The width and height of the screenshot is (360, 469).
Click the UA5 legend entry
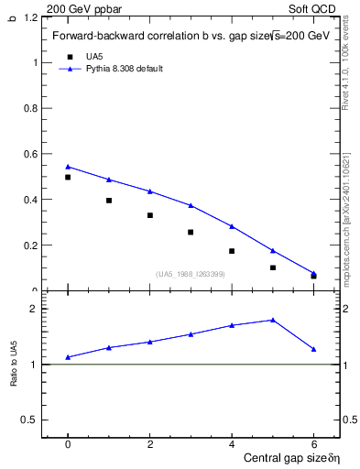[94, 57]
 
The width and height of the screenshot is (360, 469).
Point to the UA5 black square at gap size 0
[68, 177]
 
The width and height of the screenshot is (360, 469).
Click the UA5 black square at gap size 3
[191, 232]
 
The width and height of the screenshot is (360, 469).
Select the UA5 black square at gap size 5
[273, 267]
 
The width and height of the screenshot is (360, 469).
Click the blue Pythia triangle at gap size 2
[150, 191]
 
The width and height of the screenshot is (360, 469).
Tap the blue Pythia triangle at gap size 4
[232, 226]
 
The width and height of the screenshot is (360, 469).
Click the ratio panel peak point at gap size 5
[273, 320]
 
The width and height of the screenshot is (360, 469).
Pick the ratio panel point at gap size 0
[68, 357]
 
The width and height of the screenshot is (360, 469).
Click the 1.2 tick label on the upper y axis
[30, 17]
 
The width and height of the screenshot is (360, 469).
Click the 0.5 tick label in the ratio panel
[30, 420]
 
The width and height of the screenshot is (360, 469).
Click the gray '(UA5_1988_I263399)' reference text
[191, 274]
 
